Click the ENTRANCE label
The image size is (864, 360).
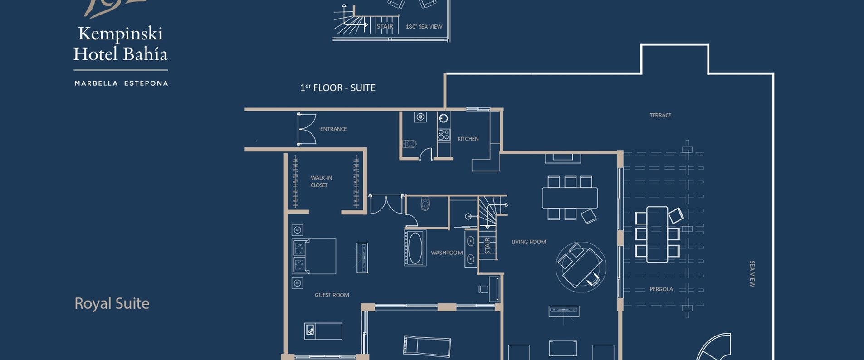pos(333,129)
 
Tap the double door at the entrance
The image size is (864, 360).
pos(306,129)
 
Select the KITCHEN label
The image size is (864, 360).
pos(468,139)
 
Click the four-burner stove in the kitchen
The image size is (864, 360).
pos(444,134)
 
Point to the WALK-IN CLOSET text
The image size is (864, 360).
pos(321,181)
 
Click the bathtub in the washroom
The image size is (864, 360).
pos(415,248)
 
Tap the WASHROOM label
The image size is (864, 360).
pos(447,253)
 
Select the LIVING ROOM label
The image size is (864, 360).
pos(528,242)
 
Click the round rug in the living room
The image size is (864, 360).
pos(581,267)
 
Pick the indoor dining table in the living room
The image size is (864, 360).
pos(570,198)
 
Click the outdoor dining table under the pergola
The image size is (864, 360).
pos(657,235)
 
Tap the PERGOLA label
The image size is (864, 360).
pos(661,289)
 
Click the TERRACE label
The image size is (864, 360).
pos(660,115)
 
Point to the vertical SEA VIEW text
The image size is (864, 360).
pos(752,273)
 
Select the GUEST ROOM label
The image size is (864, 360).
pos(332,295)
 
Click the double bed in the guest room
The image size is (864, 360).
pos(315,256)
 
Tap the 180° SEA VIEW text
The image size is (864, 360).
pos(424,27)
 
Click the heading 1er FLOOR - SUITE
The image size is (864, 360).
pos(337,88)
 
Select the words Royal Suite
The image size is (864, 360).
pos(112,303)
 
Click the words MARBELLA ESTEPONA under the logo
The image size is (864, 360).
pos(121,83)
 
